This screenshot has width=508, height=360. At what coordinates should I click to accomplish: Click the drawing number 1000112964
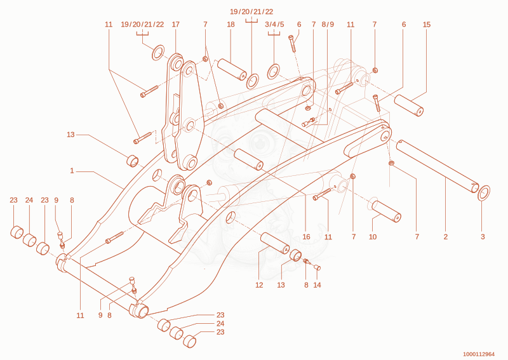point(479,354)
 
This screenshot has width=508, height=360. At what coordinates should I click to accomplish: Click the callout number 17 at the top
point(176,24)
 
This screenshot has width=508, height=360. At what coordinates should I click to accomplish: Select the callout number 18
point(231,24)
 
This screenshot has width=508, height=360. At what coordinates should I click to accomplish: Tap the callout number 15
point(427,24)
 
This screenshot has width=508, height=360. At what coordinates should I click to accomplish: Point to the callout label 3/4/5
point(274,24)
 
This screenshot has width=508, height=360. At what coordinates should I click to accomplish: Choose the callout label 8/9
point(328,24)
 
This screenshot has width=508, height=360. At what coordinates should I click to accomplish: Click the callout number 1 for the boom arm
point(72,170)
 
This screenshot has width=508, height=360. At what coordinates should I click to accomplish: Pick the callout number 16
point(306,237)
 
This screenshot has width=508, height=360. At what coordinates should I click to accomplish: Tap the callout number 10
point(373,237)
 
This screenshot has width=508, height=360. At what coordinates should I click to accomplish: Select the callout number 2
point(446,237)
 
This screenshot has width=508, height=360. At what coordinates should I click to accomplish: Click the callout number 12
point(259,285)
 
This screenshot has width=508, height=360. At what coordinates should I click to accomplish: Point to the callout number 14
point(317,285)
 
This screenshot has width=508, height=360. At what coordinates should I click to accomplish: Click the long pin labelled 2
point(438,166)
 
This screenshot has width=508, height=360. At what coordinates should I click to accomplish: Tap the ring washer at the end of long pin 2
point(484,193)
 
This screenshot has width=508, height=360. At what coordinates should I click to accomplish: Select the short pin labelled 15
point(409,105)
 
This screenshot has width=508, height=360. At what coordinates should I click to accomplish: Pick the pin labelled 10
point(386,211)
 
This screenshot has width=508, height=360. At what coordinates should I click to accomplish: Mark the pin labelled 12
point(275,243)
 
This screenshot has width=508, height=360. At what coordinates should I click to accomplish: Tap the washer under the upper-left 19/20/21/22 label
point(158,53)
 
